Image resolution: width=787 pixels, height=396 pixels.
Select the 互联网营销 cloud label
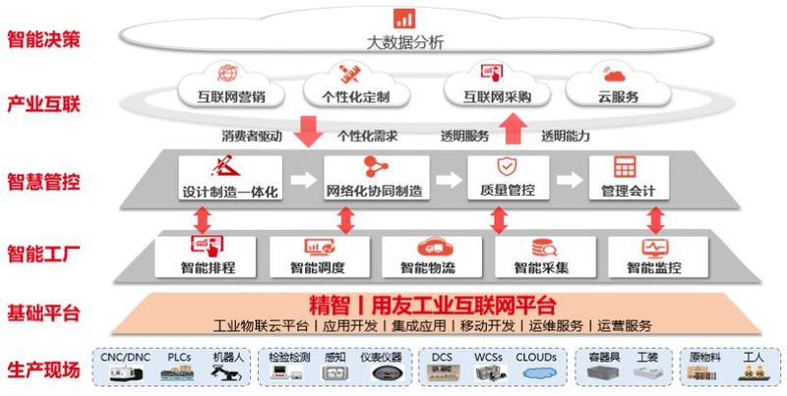(x=231, y=96)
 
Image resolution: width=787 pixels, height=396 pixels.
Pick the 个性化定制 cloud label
(x=356, y=96)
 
